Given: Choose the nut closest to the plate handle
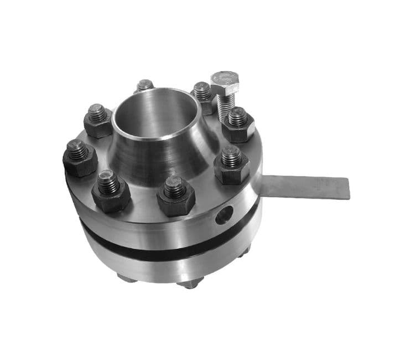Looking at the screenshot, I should click(232, 164).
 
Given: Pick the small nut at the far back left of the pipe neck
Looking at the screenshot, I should click(145, 86).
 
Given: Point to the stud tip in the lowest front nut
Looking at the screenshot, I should click(175, 187).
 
